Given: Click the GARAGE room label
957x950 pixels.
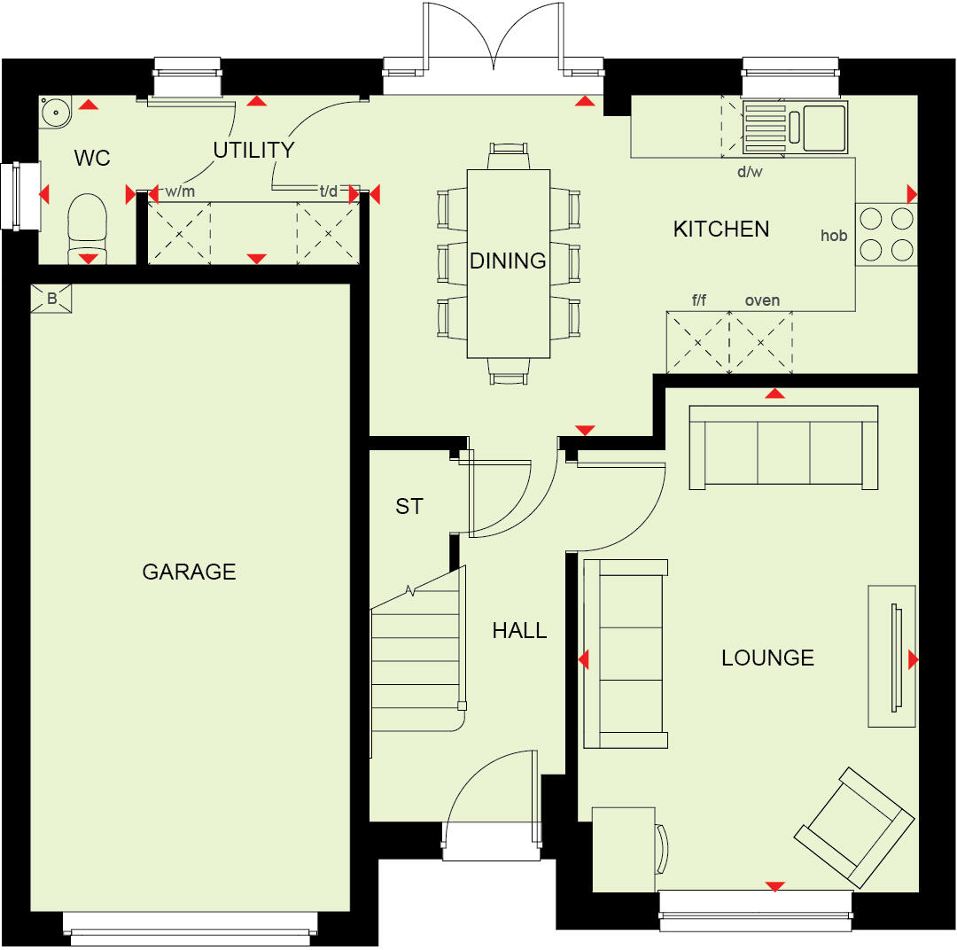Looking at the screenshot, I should coord(189,572).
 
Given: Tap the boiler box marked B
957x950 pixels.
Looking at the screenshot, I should coord(51,299).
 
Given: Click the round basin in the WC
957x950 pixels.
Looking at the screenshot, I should coord(55,112).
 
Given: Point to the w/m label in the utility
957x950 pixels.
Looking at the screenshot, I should coord(180,191).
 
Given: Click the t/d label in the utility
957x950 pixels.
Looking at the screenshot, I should coord(328,190).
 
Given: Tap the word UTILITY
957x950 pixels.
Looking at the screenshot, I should coord(253,150).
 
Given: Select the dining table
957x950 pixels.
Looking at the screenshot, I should coord(509,263).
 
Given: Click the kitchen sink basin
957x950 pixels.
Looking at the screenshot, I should coord(823,127).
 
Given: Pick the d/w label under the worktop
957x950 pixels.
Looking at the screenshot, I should coord(750,172).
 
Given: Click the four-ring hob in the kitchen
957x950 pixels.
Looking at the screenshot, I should coord(886,234).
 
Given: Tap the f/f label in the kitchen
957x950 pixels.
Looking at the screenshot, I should coord(699,300).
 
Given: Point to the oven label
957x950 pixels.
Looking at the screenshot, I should coord(762,300).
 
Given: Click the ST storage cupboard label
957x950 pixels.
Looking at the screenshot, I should coord(409,506).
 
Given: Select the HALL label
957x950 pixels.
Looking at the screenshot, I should coord(519,631).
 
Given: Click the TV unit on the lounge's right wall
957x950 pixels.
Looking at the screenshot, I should coord(891,656).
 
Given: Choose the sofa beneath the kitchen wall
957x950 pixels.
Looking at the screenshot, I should coord(783,448).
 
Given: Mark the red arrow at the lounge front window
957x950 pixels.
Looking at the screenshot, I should coord(775,886).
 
